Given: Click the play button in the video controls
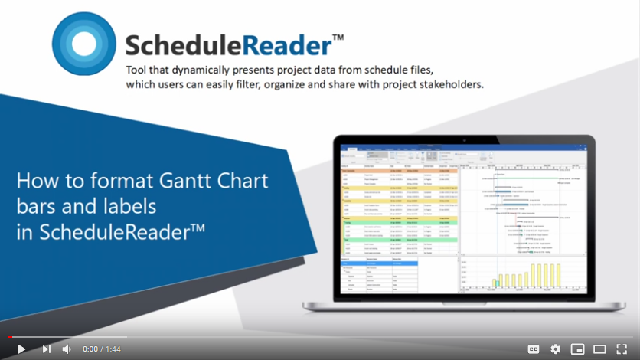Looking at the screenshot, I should pyautogui.click(x=21, y=349).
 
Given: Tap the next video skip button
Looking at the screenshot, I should pyautogui.click(x=46, y=349).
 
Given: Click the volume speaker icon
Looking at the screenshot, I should pyautogui.click(x=67, y=349).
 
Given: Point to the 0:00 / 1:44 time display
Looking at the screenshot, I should pyautogui.click(x=102, y=349).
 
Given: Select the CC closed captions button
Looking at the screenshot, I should pyautogui.click(x=534, y=349).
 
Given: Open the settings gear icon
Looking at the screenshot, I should pyautogui.click(x=556, y=349).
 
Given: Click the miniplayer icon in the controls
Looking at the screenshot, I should pyautogui.click(x=577, y=349).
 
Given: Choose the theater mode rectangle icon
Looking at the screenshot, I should pyautogui.click(x=599, y=349).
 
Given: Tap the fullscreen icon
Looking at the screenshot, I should pyautogui.click(x=622, y=349).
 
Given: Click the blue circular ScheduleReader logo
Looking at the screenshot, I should pyautogui.click(x=84, y=44).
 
